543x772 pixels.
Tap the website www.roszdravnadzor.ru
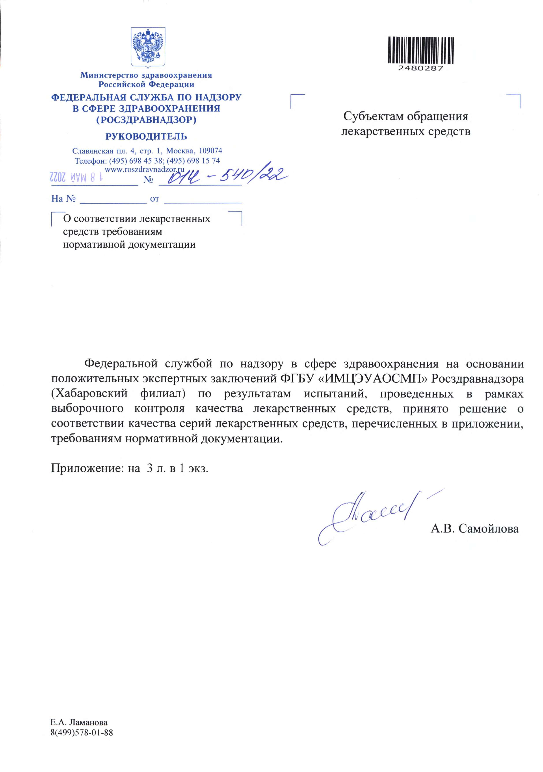pos(145,170)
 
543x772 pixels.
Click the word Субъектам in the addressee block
pos(372,116)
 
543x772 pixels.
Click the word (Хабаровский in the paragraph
pos(89,393)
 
